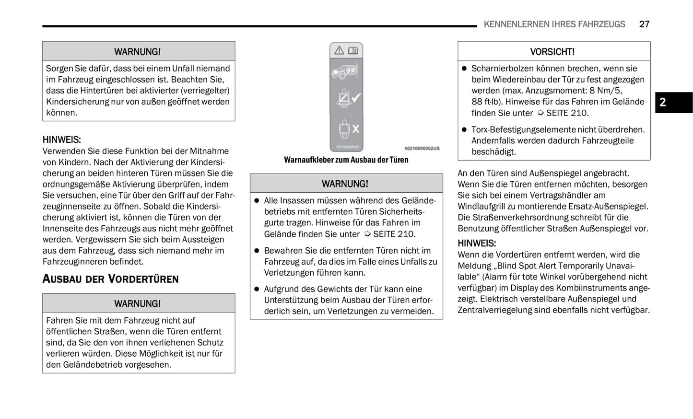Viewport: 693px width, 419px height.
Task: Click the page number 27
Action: click(644, 24)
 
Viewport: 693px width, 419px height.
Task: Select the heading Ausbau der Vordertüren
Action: click(110, 279)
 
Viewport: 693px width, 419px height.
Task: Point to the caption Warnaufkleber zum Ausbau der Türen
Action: click(346, 160)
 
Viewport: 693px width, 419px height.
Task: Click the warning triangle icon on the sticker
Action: click(339, 50)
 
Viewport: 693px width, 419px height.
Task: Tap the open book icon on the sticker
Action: click(353, 50)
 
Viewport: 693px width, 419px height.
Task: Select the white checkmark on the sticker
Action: click(356, 98)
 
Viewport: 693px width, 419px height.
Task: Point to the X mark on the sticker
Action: click(356, 128)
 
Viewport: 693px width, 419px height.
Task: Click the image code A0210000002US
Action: click(422, 149)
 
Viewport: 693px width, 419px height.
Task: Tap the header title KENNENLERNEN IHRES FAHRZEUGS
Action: click(554, 24)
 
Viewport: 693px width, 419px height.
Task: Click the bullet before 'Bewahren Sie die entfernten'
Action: click(257, 251)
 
